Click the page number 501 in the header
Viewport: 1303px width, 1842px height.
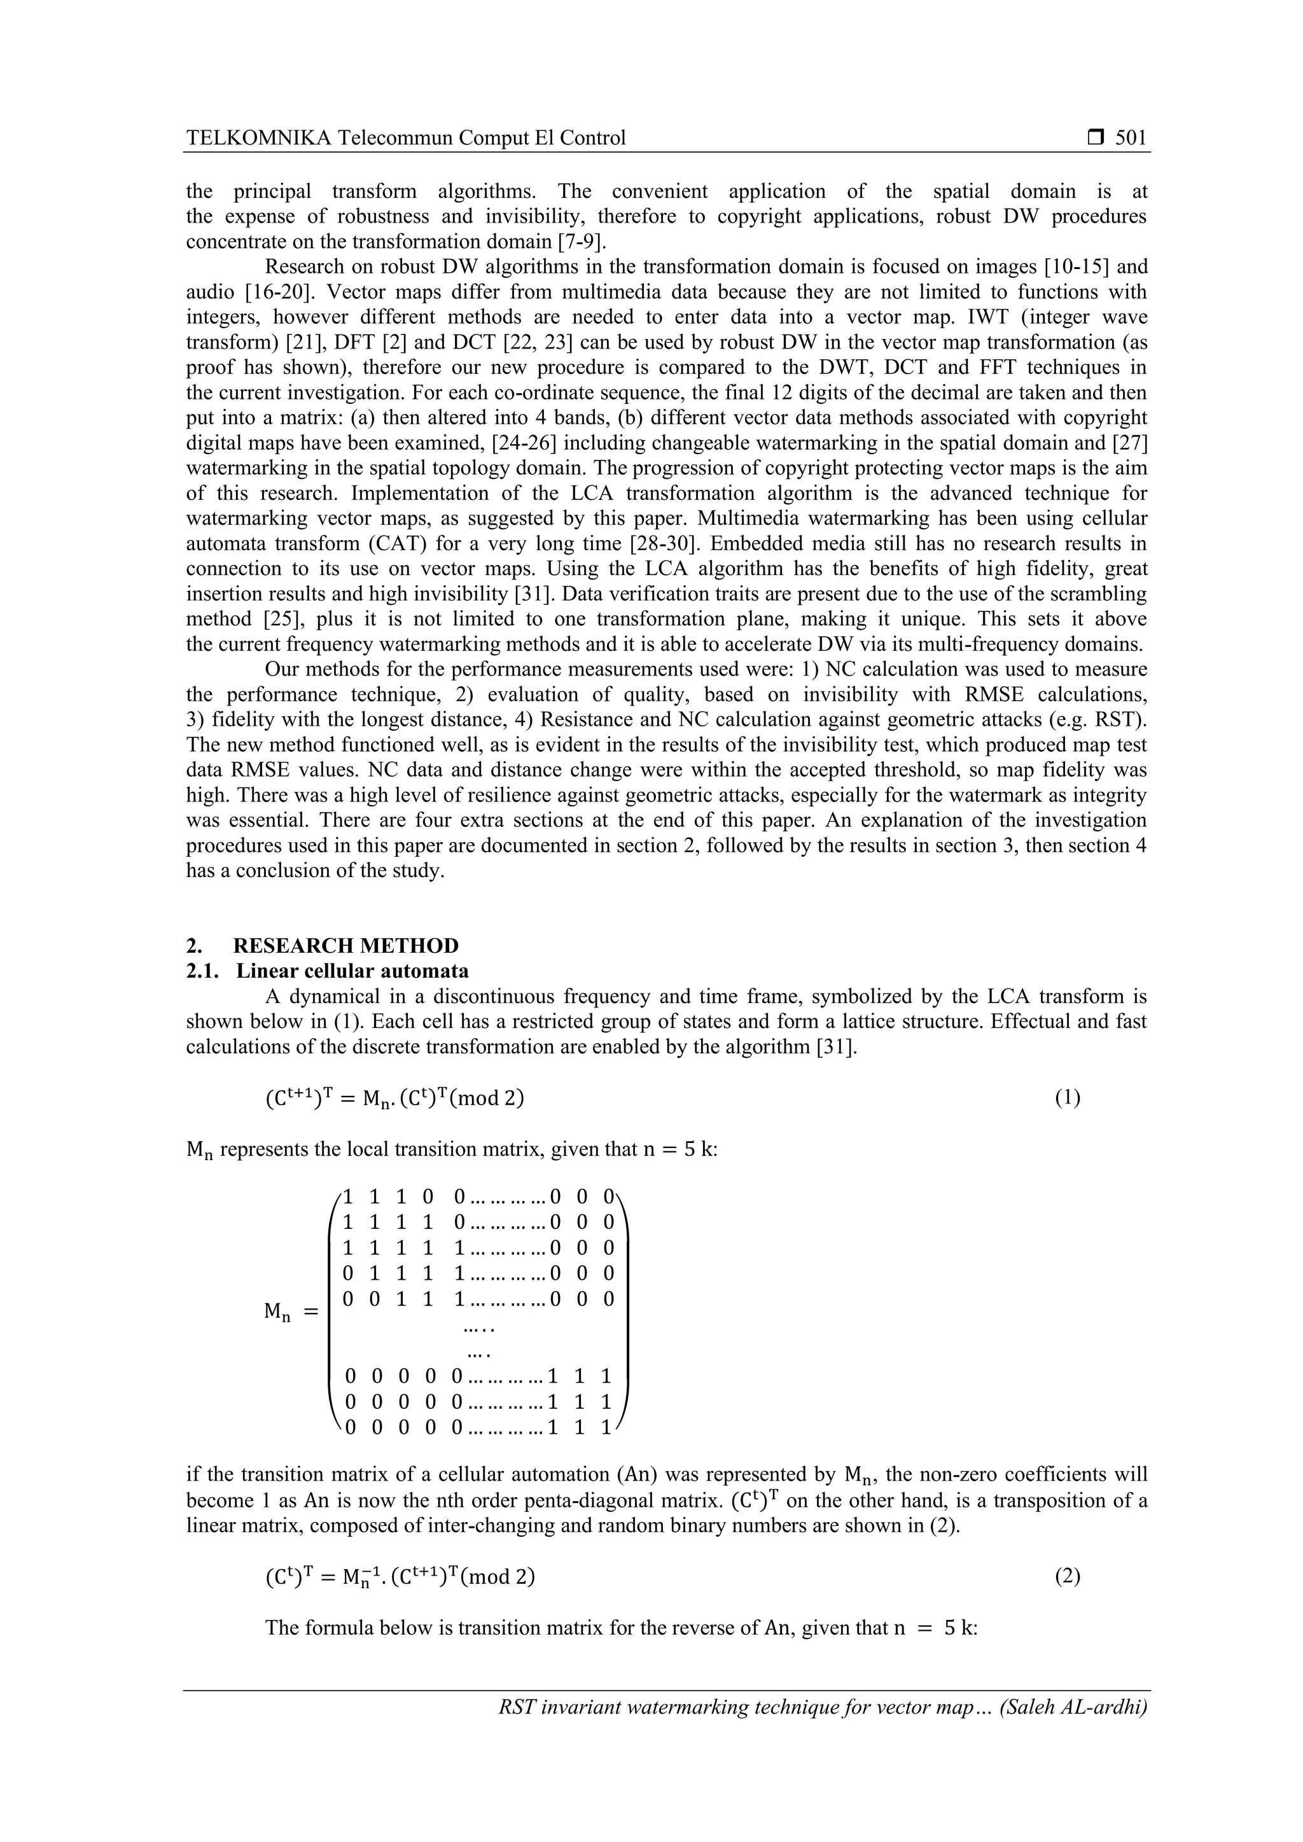1131,138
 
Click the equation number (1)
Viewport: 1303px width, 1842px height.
1067,1097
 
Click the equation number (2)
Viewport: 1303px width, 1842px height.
1067,1577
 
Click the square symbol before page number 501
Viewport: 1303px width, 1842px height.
1095,138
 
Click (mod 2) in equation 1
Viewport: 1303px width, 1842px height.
486,1097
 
